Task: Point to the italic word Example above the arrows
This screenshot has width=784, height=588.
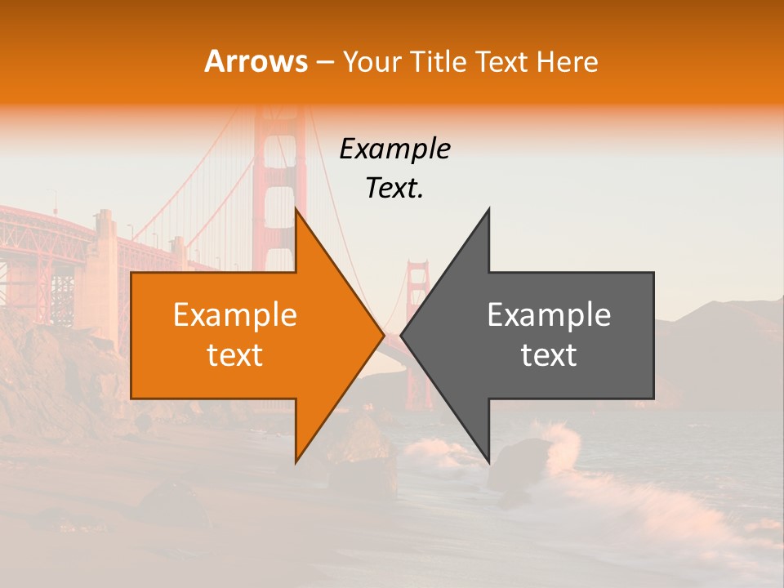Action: [394, 149]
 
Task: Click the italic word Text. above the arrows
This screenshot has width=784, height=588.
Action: [394, 189]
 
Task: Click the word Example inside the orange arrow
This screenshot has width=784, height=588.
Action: [235, 315]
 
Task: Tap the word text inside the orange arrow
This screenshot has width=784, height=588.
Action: [235, 356]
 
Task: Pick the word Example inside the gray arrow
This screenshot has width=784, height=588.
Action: [549, 315]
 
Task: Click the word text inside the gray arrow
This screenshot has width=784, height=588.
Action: [549, 356]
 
